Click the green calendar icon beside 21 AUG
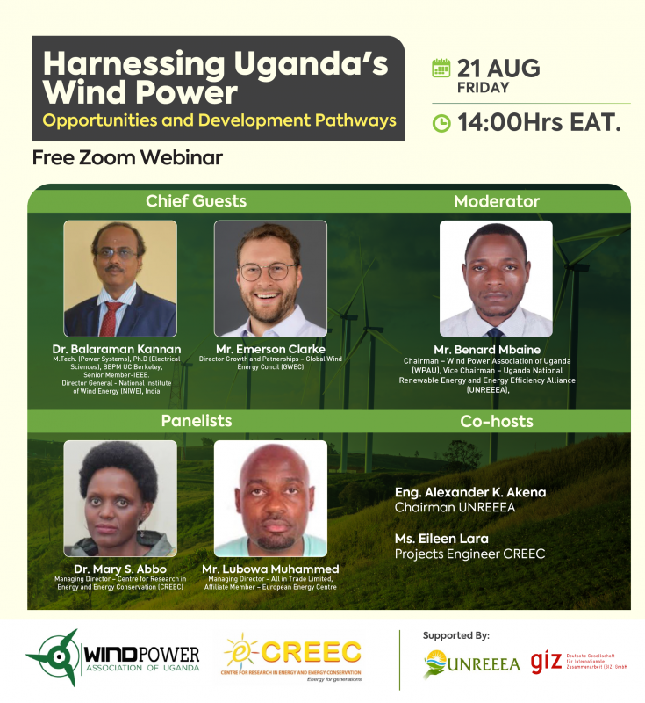pos(441,69)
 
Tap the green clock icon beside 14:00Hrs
pos(441,124)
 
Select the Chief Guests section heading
pos(196,201)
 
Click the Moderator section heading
pos(496,201)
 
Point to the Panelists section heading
pos(196,421)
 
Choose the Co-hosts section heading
pos(496,422)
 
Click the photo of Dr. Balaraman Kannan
pos(120,279)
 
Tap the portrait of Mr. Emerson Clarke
pos(270,279)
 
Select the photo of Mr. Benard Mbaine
pos(496,279)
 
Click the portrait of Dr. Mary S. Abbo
pos(120,498)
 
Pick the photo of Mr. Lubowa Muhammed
pos(270,498)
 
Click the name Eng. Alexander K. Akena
pos(470,492)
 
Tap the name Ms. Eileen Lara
pos(441,538)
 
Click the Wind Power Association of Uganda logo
pos(113,657)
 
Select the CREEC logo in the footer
pos(291,659)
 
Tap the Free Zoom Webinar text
pos(127,158)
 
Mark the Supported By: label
pos(455,634)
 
